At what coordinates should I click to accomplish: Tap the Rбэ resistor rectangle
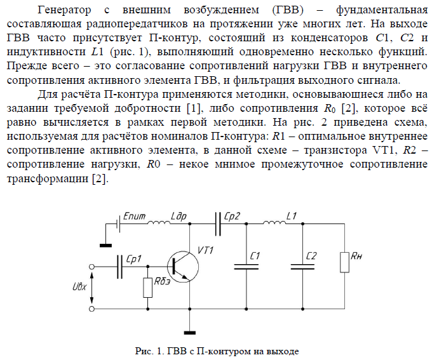[148, 288]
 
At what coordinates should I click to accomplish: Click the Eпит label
[134, 217]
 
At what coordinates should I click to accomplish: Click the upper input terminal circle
[94, 267]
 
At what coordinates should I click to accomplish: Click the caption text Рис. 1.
[148, 350]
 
